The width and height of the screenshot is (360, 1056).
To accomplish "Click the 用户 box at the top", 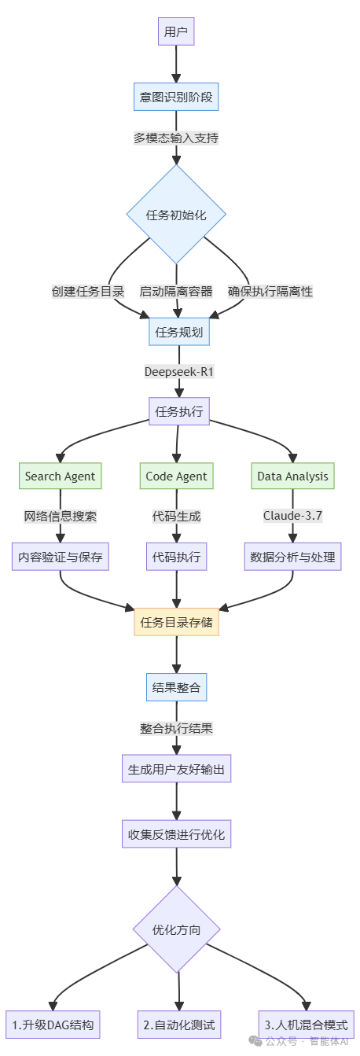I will (176, 32).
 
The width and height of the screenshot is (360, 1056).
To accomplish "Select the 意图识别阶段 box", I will (176, 98).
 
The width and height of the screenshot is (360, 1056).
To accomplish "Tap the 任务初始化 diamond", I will (176, 215).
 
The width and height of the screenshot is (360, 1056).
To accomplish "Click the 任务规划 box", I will (178, 332).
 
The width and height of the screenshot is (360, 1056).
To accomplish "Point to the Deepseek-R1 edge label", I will (179, 371).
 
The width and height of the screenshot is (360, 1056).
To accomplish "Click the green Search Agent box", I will (60, 476).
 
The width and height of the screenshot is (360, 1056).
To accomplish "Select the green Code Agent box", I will (176, 476).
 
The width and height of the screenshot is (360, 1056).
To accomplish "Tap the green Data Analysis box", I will (293, 476).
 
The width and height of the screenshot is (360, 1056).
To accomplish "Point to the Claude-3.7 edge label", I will (293, 516).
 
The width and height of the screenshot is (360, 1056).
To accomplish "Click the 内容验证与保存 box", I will (60, 557).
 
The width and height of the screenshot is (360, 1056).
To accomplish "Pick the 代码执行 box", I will (176, 557).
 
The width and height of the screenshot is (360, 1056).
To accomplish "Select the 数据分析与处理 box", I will (292, 557).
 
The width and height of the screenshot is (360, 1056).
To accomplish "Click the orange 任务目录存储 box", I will (176, 623).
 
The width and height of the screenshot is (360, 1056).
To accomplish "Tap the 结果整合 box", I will (176, 688).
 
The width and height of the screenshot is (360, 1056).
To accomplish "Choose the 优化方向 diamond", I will (176, 929).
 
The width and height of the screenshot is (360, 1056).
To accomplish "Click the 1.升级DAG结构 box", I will (53, 1025).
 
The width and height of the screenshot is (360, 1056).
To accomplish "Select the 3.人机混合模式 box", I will (306, 1025).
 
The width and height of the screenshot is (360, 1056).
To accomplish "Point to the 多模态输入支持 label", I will (176, 138).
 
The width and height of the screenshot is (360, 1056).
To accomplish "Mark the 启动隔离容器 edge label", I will (176, 291).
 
